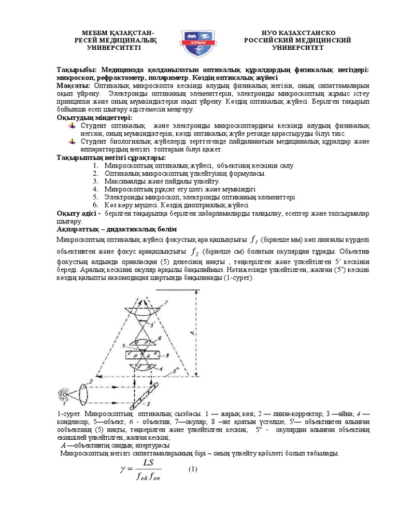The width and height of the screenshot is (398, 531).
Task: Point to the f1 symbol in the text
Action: pos(253,240)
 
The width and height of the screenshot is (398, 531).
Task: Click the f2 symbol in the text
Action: pos(195,251)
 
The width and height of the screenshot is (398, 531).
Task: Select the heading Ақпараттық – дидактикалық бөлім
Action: pos(117,229)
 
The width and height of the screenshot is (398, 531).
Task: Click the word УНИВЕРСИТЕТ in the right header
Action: pos(298,48)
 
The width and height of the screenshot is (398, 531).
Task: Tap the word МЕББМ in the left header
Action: pos(90,32)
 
